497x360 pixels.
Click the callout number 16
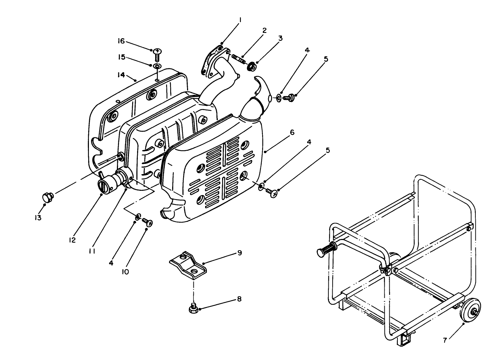tap(121, 41)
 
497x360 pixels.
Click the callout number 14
tap(121, 75)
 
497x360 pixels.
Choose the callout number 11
tap(92, 251)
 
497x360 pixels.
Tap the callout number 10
tap(126, 272)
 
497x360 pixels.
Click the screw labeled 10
tap(147, 222)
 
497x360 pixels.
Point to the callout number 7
tap(445, 341)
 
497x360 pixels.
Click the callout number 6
tap(292, 132)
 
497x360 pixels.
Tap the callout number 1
tap(240, 21)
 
